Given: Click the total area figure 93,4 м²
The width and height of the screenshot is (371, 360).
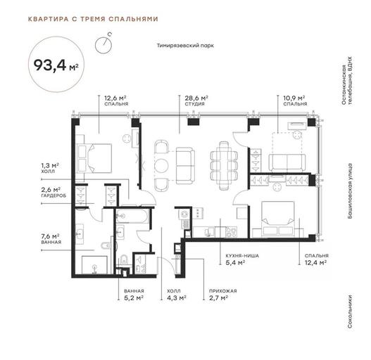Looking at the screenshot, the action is coord(56,65).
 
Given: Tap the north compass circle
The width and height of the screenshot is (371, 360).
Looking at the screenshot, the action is coord(103,45).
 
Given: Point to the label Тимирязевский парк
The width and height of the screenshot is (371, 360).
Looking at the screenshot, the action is coord(185,46).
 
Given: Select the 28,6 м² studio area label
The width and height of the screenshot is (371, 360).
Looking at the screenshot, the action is coord(196,98).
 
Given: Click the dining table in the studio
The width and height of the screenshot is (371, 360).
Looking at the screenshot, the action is coord(224,165).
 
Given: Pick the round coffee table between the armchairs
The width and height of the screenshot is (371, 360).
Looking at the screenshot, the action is coord(161,165).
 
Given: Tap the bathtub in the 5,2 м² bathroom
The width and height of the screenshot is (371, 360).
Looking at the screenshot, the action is coord(132,216).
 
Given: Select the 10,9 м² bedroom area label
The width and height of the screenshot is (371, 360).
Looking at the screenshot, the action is coord(294,98).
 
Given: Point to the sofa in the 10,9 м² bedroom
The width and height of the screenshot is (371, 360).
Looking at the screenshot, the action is coord(287,162).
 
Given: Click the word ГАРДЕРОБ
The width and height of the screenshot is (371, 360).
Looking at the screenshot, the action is coord(54,195).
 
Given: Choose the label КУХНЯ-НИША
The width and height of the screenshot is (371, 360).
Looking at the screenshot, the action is coord(242,256).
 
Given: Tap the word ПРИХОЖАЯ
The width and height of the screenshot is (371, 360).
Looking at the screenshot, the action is coord(223,291).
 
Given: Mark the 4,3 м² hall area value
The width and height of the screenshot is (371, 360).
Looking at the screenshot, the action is coord(177,298).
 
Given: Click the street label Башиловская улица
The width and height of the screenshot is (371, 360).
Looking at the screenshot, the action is coord(350,191).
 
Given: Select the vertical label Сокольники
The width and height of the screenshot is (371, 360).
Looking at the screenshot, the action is coord(350,311).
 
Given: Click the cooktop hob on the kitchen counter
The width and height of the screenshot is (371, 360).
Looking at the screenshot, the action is coord(231,232).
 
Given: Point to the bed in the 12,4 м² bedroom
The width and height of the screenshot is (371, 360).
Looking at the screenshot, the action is coord(278,219).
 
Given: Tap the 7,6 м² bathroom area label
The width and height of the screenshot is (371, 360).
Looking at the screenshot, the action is coord(50,236).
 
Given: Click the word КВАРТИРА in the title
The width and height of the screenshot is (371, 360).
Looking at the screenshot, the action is coord(49,19).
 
